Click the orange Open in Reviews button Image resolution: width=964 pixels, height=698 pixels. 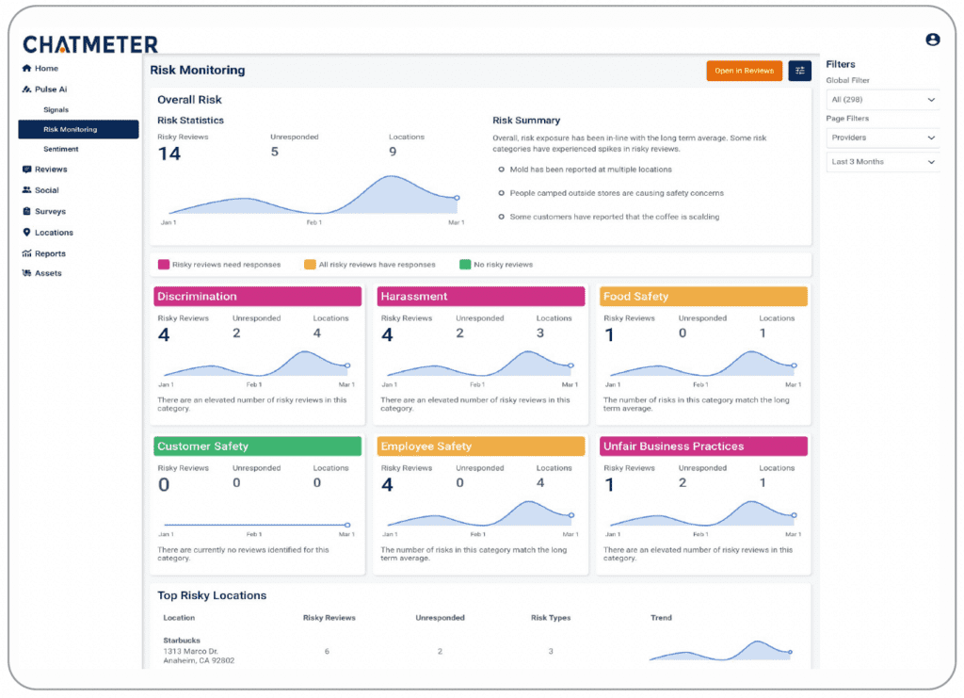(x=744, y=71)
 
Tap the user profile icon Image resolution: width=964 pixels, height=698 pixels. (x=933, y=40)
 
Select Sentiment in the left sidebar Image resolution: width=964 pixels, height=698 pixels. (x=61, y=149)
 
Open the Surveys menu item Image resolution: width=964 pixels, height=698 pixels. (x=50, y=211)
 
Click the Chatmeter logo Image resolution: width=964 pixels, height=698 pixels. (x=90, y=44)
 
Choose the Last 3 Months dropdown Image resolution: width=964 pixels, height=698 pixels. (x=882, y=162)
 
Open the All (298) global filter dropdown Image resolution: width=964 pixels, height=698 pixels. (x=882, y=99)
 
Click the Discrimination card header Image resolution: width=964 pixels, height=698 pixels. (x=257, y=297)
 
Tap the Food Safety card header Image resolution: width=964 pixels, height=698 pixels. (x=703, y=297)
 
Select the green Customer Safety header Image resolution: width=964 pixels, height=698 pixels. (x=257, y=446)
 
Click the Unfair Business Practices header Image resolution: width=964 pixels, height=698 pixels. (x=703, y=446)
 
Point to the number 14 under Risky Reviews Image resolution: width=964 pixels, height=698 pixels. (x=169, y=154)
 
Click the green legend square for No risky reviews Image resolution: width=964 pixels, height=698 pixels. (x=465, y=265)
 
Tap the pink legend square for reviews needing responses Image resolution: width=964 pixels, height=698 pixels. (x=163, y=265)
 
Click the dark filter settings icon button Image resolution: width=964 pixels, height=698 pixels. (x=800, y=71)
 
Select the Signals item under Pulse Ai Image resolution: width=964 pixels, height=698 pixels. (x=56, y=109)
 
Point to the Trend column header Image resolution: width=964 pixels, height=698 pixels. (x=661, y=618)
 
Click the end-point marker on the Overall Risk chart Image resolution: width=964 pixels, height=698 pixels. (x=457, y=198)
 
